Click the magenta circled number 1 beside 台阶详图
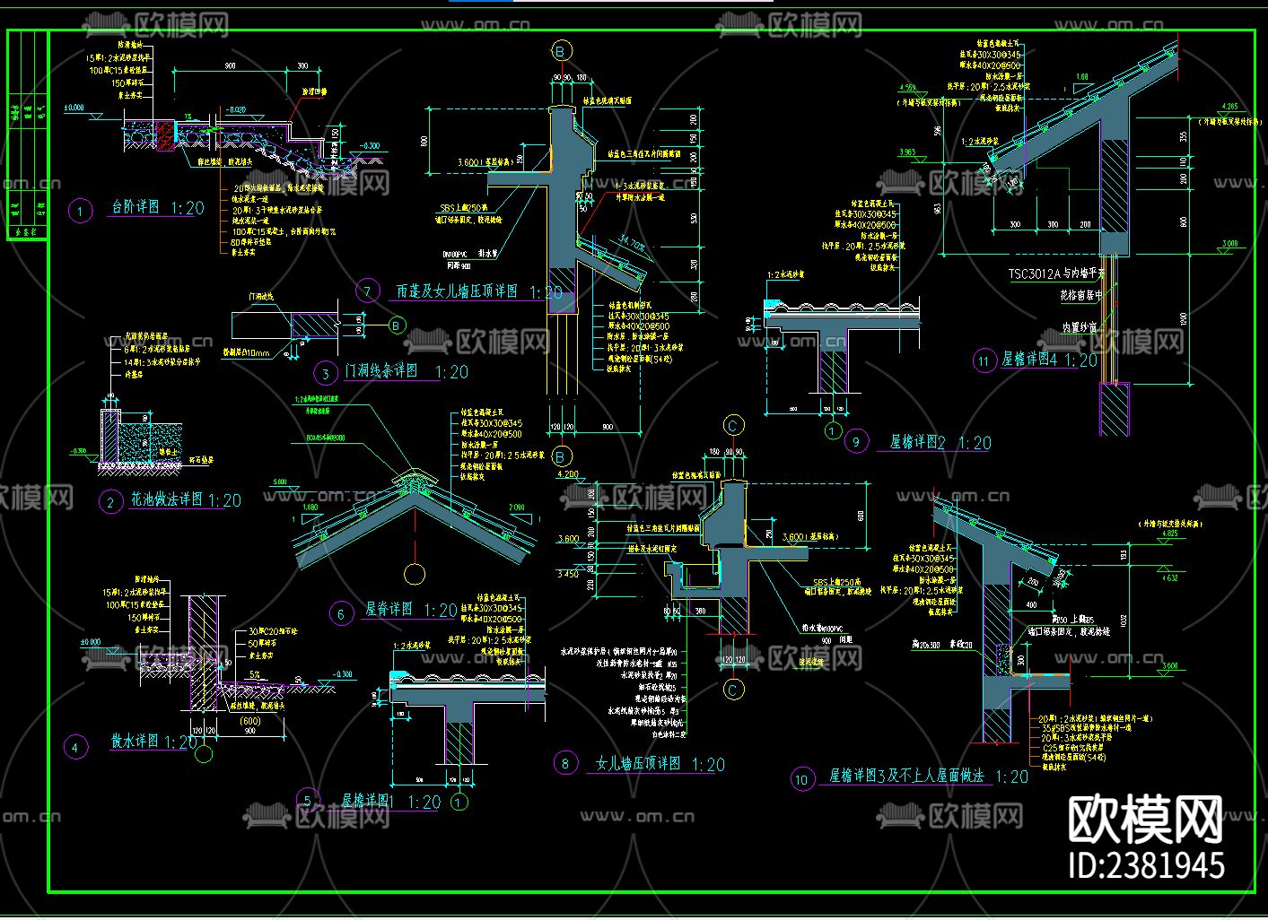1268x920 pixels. tap(81, 212)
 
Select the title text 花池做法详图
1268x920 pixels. tap(167, 499)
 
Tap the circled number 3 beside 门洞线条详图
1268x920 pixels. tap(326, 373)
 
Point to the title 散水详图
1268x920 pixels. tap(135, 742)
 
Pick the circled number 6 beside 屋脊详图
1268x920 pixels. tap(341, 614)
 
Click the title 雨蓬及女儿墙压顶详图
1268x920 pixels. tap(457, 291)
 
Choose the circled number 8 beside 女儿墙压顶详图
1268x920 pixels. tap(564, 764)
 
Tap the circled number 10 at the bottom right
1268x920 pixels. tap(801, 779)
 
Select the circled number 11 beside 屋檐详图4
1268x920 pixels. tap(984, 361)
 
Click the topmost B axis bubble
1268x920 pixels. tap(561, 52)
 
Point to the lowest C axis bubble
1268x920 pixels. tap(733, 690)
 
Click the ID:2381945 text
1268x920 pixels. tap(1146, 865)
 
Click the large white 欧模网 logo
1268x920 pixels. tap(1145, 819)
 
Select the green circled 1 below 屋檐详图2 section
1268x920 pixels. tap(832, 431)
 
